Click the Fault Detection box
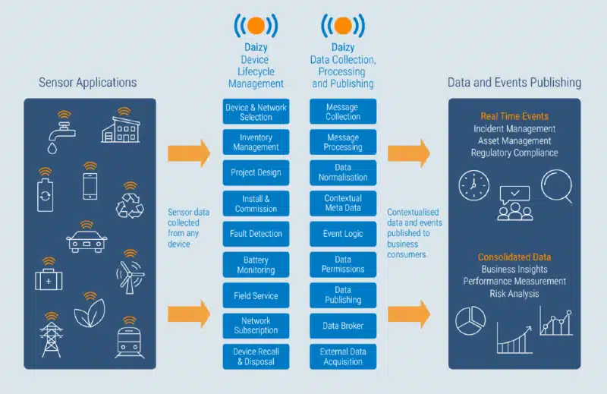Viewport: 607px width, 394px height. tap(256, 234)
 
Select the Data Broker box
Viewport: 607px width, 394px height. tap(343, 326)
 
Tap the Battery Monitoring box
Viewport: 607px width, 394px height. tap(256, 265)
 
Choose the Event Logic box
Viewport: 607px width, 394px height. tap(343, 234)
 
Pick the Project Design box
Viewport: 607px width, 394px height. tap(256, 172)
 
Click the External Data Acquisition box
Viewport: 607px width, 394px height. tap(343, 356)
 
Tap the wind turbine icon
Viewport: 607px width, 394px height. tap(130, 272)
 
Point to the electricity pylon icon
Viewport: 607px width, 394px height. tap(52, 335)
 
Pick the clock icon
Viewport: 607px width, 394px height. tap(473, 185)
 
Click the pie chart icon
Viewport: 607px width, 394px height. tap(470, 320)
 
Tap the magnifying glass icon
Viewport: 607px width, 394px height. tap(557, 186)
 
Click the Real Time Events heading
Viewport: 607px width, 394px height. tap(514, 116)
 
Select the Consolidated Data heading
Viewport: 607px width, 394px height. tap(514, 257)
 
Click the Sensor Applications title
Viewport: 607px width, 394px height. tap(88, 83)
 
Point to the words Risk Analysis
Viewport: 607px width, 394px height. tap(514, 294)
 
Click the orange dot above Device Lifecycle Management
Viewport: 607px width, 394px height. tap(256, 26)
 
